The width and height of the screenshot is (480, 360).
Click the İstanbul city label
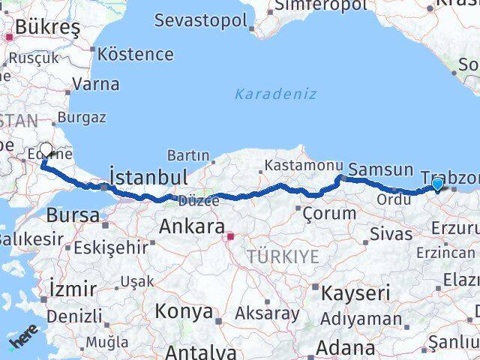click(148, 178)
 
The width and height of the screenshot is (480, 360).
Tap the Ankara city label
click(192, 226)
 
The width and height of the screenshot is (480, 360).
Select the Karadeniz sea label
click(275, 94)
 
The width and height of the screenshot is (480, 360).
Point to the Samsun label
click(381, 170)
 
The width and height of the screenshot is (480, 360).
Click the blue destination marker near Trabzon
click(437, 183)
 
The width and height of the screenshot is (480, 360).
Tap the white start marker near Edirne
click(46, 151)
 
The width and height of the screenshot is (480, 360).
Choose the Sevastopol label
click(200, 19)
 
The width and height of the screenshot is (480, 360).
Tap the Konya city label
click(184, 311)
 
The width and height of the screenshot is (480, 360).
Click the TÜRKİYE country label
click(285, 256)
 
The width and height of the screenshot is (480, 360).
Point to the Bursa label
click(73, 215)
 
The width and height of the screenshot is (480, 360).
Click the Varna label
click(97, 84)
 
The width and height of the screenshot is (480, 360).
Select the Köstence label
click(136, 54)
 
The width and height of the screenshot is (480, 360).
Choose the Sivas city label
click(391, 233)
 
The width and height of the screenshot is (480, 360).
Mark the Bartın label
click(188, 155)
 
